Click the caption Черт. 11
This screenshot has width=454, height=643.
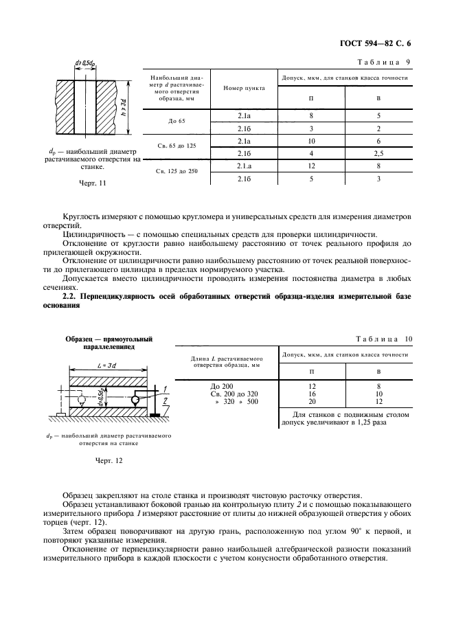tap(93, 183)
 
